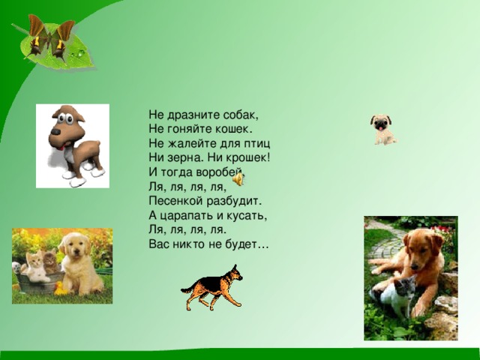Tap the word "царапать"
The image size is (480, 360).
tap(187, 216)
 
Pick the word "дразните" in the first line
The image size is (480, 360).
tap(191, 116)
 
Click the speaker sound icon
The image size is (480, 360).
tap(238, 180)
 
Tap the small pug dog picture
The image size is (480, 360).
tap(382, 129)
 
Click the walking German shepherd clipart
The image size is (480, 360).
tap(213, 289)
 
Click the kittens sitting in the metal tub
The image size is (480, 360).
tap(40, 268)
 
